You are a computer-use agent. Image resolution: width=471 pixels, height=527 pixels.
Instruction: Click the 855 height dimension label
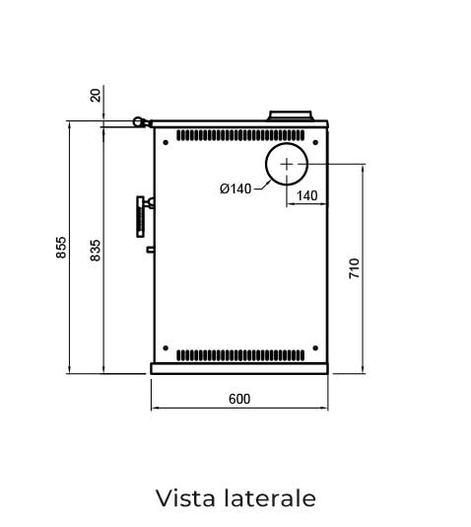click(x=61, y=248)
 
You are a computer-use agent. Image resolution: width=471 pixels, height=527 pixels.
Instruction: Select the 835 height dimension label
click(x=96, y=250)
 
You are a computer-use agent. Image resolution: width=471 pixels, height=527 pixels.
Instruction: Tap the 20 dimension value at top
click(x=96, y=95)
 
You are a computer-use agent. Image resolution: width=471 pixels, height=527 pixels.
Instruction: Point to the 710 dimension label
click(x=355, y=268)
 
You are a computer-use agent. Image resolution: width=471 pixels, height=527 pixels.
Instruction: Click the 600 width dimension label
click(x=239, y=399)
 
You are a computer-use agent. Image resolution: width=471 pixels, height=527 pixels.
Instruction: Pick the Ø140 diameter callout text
click(x=235, y=188)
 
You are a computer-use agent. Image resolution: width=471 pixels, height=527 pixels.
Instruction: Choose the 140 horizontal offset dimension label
click(x=307, y=195)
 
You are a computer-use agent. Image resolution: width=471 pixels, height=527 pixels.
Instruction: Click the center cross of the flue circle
click(x=287, y=165)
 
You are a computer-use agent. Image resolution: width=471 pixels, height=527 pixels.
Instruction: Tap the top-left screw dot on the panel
click(x=166, y=142)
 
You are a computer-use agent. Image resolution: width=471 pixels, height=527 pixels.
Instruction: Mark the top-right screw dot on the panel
click(x=315, y=142)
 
